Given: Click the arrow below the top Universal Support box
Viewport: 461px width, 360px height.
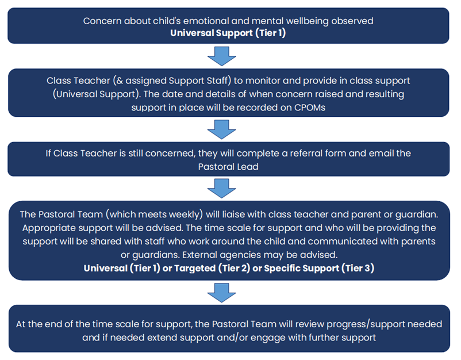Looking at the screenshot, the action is point(222,56).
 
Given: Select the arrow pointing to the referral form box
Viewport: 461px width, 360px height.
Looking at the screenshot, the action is point(222,129).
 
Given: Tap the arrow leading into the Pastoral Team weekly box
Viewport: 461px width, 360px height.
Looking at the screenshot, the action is point(222,188).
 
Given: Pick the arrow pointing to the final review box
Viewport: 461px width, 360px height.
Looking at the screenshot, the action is point(222,293).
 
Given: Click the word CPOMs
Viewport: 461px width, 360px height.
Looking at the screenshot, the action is point(310,108).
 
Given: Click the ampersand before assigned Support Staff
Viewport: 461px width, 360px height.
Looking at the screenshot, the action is point(119,81).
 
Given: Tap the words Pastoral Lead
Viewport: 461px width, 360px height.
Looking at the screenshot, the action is point(228,167).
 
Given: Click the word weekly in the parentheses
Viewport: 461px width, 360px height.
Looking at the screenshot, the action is point(185,215).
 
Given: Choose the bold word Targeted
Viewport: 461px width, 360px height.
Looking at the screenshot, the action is point(195,268).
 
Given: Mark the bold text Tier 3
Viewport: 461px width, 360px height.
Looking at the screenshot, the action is point(358,268).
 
